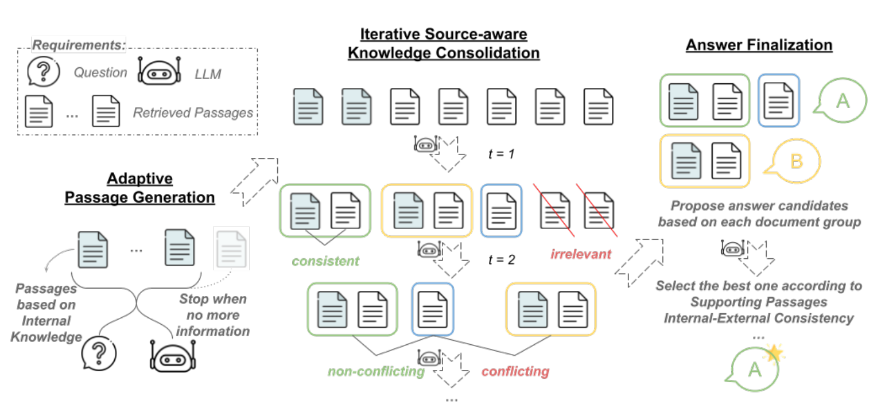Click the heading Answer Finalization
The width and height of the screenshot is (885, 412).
[x=759, y=45]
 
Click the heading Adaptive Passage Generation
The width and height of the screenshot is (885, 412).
[x=139, y=188]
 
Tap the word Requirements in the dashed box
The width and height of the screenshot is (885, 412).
[x=79, y=45]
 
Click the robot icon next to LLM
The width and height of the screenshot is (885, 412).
[x=159, y=72]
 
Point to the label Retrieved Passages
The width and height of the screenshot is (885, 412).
[x=193, y=112]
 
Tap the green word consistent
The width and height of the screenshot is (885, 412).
[x=325, y=261]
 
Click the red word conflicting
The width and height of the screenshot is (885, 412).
[x=515, y=371]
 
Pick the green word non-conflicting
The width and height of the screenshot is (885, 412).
[x=375, y=371]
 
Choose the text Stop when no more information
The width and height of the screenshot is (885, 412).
[x=214, y=315]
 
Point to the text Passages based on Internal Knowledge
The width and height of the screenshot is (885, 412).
[x=45, y=313]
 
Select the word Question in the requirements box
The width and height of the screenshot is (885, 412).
[x=100, y=73]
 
